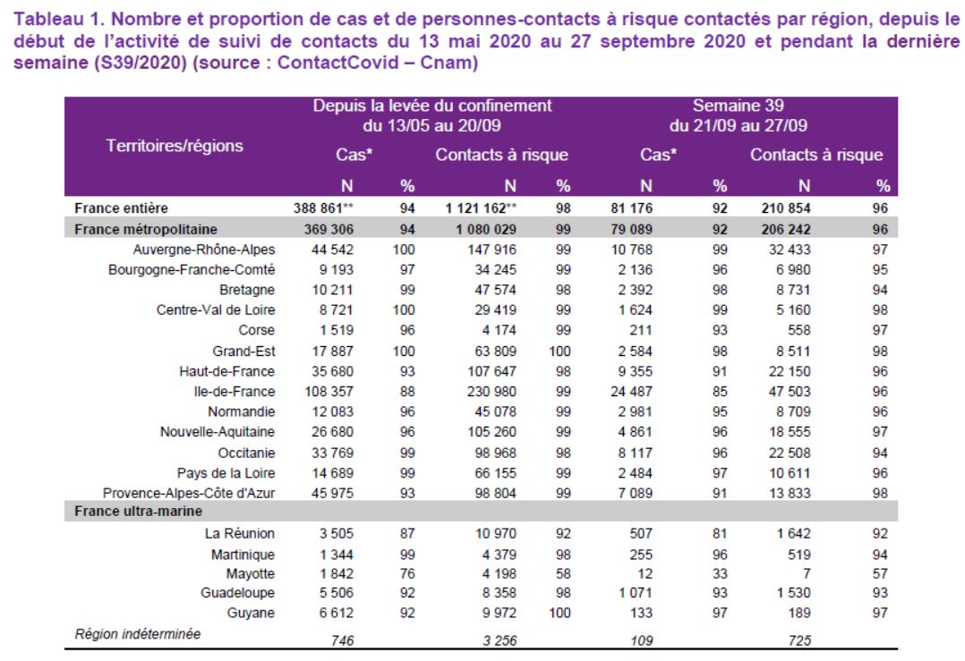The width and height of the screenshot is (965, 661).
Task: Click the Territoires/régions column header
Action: coord(175,147)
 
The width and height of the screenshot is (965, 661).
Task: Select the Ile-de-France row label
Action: coord(235,392)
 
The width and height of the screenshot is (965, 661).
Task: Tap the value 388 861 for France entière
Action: coord(318,208)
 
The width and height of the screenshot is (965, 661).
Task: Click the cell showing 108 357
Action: coord(329,392)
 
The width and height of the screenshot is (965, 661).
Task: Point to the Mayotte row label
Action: coord(251,573)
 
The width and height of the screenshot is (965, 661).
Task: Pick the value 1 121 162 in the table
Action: coord(475,208)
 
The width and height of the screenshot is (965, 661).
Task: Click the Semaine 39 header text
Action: coord(738,106)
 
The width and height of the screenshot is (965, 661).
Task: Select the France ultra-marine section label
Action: coord(139,512)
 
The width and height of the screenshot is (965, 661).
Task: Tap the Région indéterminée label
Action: coord(138,634)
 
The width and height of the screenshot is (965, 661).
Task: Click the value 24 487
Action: coord(631,392)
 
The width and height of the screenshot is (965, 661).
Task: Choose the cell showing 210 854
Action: coord(786,208)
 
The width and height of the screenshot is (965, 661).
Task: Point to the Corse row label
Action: coord(257,330)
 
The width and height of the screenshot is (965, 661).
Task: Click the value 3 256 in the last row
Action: coord(500,640)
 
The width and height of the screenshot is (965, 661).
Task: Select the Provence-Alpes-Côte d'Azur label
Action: coord(189,493)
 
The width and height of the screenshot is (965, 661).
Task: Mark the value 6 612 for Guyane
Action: coord(337,613)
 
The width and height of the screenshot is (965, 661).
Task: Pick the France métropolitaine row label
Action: coord(146,229)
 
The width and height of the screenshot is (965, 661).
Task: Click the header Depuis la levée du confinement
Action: coord(432,106)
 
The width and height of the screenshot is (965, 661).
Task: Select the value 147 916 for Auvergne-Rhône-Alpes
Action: coord(491,250)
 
